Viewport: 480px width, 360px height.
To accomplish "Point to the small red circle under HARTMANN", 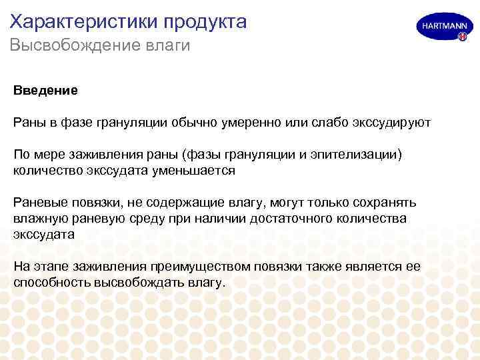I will (x=462, y=37).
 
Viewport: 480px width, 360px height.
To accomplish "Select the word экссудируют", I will (x=385, y=123).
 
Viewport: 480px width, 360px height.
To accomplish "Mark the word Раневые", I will (x=37, y=203).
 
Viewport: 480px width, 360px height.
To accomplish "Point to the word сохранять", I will (x=385, y=203).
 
